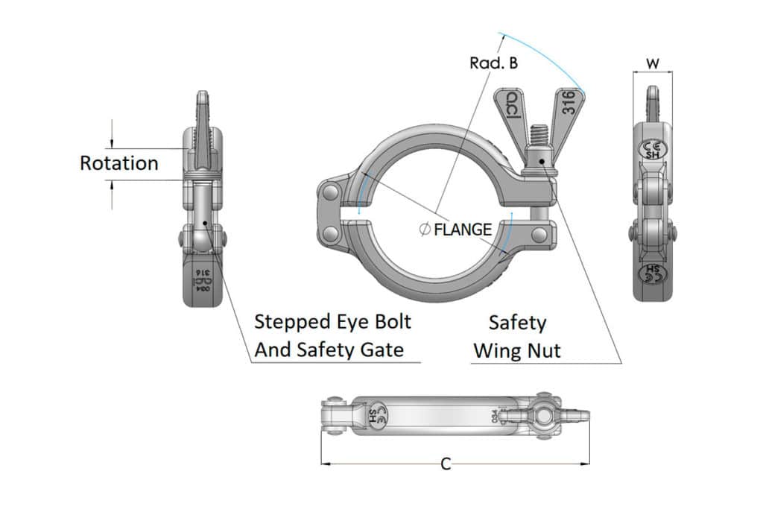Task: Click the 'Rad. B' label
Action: (493, 63)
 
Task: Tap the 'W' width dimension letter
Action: (653, 64)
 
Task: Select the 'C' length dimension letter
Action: (446, 464)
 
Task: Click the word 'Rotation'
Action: (119, 163)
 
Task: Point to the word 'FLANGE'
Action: (463, 230)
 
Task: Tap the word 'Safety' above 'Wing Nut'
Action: (517, 323)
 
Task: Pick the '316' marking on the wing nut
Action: (568, 102)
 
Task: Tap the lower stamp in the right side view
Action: (653, 272)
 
